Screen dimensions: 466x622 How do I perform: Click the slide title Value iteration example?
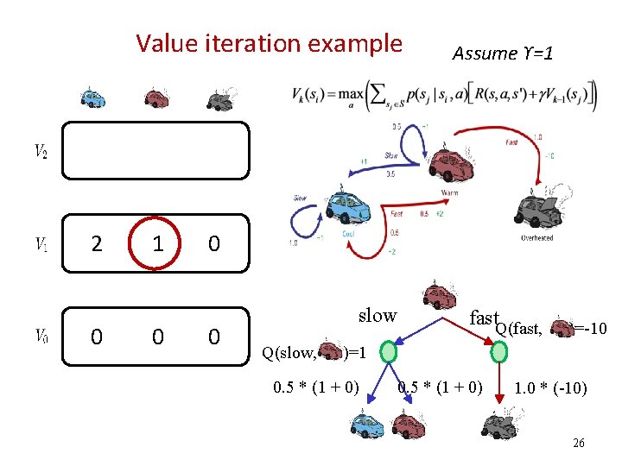269,43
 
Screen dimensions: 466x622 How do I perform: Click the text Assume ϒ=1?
502,54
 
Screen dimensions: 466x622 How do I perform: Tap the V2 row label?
41,151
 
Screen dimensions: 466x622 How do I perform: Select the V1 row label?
41,245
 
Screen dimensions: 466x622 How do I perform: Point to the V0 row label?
41,335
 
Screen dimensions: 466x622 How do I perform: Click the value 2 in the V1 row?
96,245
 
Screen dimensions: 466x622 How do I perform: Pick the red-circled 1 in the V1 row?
156,245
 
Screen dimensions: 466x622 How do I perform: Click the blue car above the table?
92,98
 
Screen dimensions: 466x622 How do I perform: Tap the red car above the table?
155,98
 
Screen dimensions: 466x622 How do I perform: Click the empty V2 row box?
156,150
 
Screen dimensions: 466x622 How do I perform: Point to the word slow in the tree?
378,316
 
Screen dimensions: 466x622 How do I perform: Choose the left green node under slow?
389,352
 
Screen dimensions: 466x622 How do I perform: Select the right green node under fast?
500,352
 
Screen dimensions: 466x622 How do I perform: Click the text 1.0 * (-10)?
550,388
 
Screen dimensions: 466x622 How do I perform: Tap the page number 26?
578,443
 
